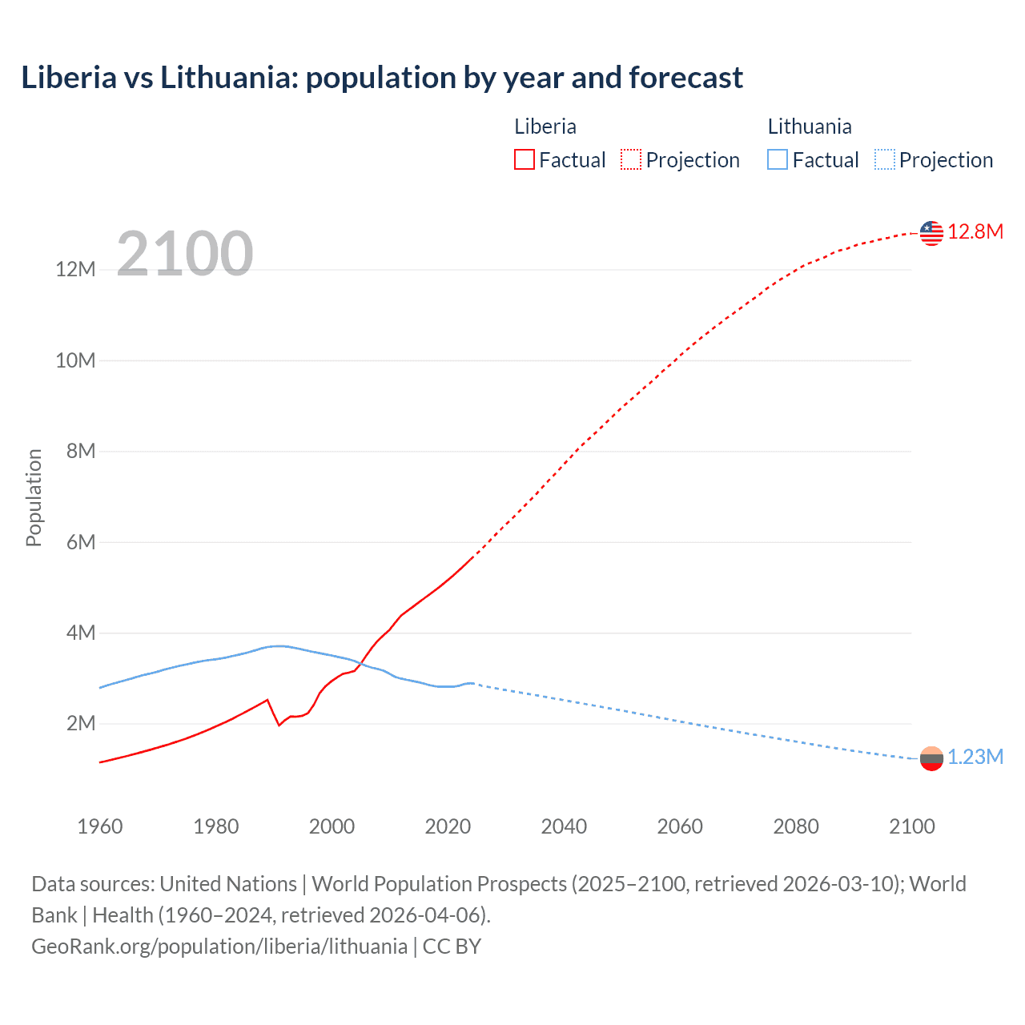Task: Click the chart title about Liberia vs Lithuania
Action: tap(382, 78)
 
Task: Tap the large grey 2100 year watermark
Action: tap(185, 254)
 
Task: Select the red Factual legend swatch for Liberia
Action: tap(524, 159)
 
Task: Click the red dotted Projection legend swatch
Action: tap(631, 159)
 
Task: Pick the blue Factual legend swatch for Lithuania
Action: tap(778, 159)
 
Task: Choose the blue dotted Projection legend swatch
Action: tap(884, 159)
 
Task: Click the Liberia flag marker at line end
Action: tap(931, 233)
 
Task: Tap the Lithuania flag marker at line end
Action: tap(931, 758)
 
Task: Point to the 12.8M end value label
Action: tap(975, 232)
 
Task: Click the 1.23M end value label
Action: tap(975, 758)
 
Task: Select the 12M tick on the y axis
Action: tap(75, 270)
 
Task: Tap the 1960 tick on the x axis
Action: tap(100, 826)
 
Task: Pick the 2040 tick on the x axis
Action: tap(564, 826)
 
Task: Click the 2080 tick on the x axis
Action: tap(796, 826)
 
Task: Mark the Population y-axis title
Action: tap(34, 497)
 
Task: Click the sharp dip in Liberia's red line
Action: tap(279, 725)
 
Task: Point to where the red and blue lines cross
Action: tap(360, 663)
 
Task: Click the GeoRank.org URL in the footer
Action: tap(219, 947)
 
